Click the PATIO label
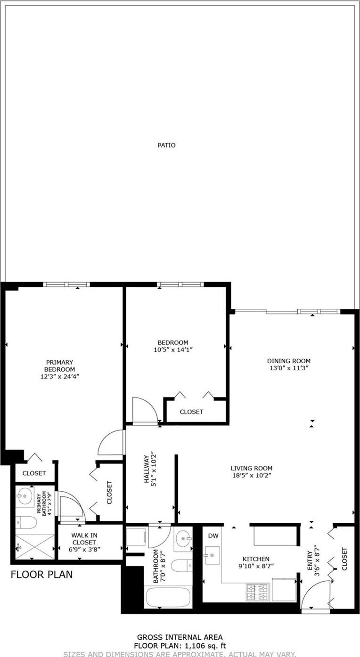point(166,145)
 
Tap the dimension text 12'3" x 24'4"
point(59,376)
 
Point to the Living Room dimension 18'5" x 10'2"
point(251,475)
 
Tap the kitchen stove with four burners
point(257,592)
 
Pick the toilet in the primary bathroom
point(26,523)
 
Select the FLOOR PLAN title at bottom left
point(41,575)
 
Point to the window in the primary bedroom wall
point(66,284)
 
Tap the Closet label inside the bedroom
point(191,412)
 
